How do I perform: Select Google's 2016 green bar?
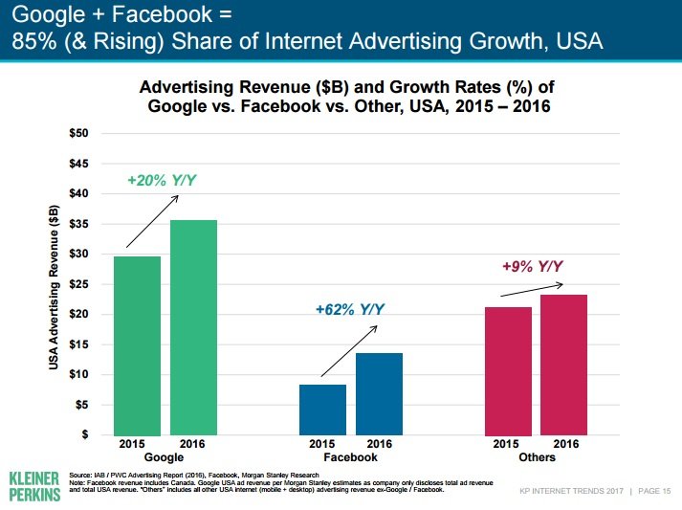pyautogui.click(x=194, y=327)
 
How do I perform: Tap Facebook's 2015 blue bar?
pyautogui.click(x=323, y=410)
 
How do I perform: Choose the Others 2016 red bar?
pyautogui.click(x=563, y=365)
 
